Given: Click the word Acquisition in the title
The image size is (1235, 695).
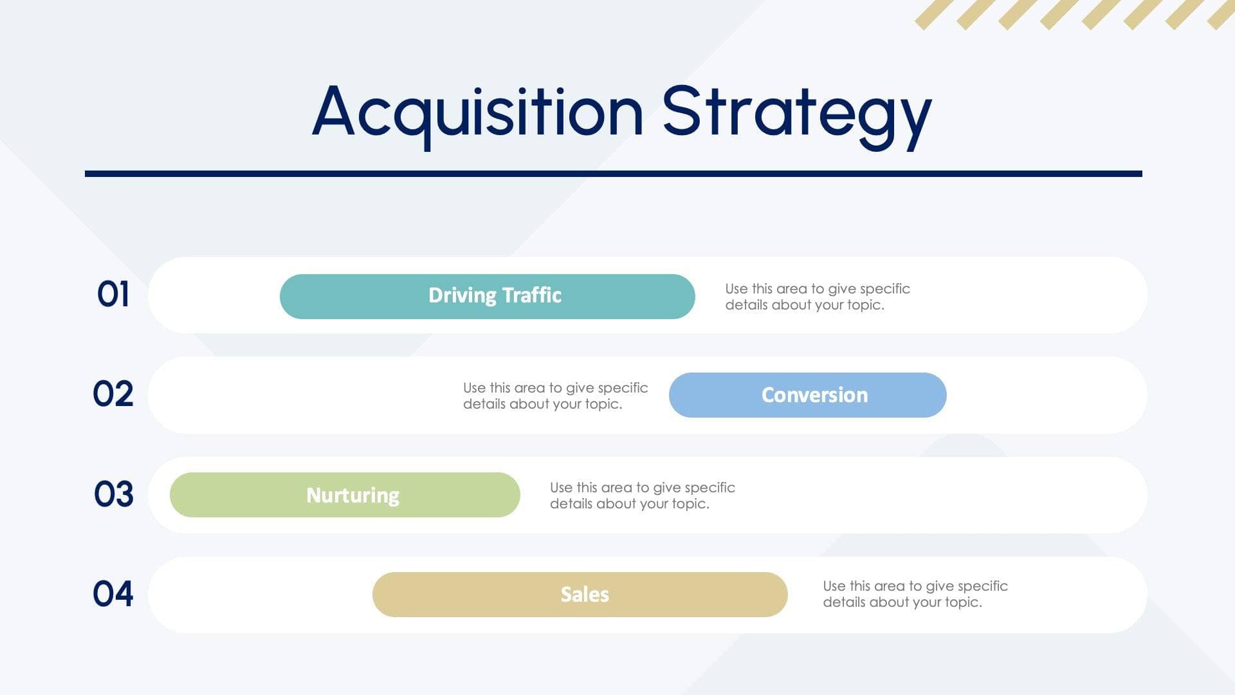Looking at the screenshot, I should [477, 113].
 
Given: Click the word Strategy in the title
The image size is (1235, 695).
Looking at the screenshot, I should [796, 113].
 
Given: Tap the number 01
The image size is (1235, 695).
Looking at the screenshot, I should [113, 295].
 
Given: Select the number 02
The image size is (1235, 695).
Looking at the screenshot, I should [113, 394].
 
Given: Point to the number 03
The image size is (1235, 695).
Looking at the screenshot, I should [113, 494].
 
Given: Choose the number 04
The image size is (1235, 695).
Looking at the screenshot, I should [113, 593].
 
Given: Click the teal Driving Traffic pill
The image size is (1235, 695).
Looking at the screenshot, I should [487, 297].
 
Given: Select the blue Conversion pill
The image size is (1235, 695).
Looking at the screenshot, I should [807, 395].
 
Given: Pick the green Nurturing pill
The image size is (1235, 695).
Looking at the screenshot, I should [345, 495].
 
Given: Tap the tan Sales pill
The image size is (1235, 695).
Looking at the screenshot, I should [580, 595].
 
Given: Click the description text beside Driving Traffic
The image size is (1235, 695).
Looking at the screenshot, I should [817, 297].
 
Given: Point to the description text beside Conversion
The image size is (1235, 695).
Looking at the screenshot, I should [555, 396].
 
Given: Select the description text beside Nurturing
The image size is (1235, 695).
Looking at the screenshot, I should [642, 496].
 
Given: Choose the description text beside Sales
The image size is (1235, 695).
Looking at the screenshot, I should [915, 594].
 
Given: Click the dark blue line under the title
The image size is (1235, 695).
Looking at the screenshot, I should [613, 174].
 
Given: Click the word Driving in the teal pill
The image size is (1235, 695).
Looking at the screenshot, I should [462, 295].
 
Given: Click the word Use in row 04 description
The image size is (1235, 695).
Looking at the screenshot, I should [834, 586].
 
